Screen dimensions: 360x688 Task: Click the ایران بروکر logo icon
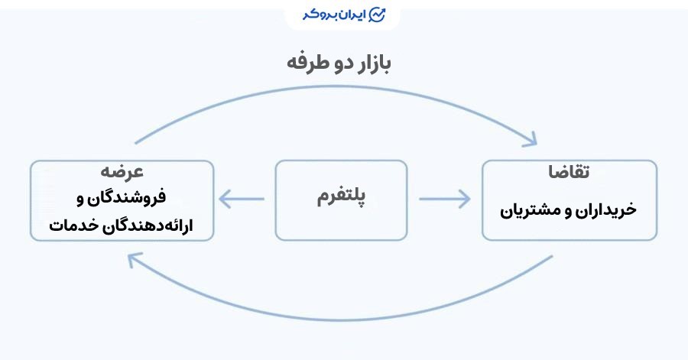[376, 15]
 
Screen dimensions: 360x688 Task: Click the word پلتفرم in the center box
[341, 198]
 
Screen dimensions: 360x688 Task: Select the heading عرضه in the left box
[122, 171]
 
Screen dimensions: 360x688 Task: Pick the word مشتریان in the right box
[532, 209]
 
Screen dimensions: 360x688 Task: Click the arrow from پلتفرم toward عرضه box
[241, 199]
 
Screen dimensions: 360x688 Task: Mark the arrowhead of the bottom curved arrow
[135, 262]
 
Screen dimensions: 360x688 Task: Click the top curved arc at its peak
[336, 87]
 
